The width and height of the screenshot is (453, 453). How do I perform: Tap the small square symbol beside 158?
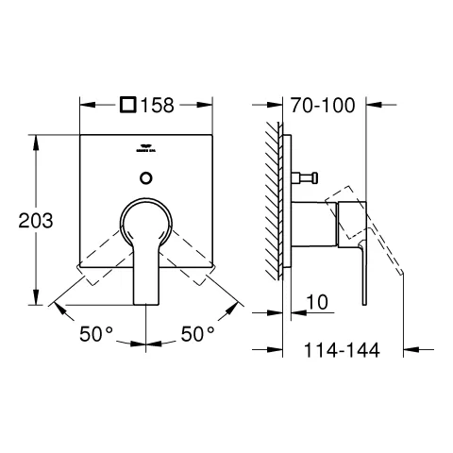[128, 106]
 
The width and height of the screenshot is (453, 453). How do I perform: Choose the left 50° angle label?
[94, 335]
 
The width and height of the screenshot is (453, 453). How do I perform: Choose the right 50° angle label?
[198, 335]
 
